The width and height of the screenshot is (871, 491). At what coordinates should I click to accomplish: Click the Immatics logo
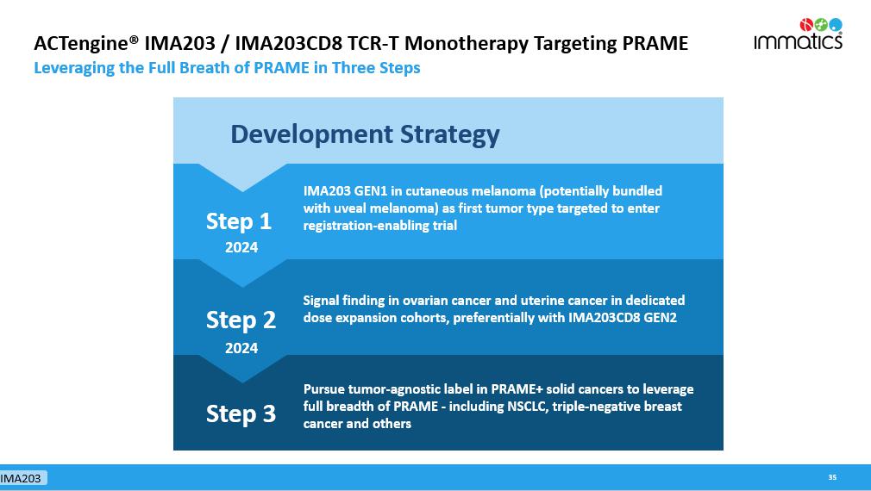click(x=798, y=34)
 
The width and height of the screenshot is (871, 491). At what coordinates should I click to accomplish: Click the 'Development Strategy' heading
click(x=365, y=135)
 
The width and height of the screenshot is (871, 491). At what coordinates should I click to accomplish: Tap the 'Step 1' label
click(x=239, y=221)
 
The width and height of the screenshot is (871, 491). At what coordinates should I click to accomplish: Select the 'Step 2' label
click(x=241, y=320)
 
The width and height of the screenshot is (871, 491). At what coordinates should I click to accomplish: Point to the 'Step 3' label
click(x=241, y=413)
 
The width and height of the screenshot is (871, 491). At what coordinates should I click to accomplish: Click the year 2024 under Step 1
click(x=241, y=247)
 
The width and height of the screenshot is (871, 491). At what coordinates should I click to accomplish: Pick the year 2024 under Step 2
click(x=241, y=348)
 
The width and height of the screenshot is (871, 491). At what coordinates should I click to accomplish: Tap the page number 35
click(x=832, y=477)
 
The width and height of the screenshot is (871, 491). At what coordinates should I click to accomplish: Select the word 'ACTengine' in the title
click(x=81, y=44)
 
